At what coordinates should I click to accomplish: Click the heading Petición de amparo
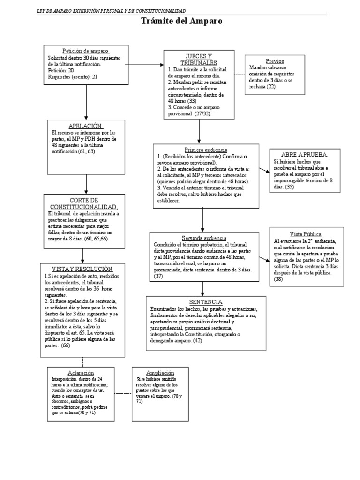point(85,51)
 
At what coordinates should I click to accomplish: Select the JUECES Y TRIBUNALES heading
point(199,60)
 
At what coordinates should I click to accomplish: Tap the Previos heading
point(274,61)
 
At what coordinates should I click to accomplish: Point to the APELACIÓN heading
point(85,126)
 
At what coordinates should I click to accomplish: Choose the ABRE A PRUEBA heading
point(304,155)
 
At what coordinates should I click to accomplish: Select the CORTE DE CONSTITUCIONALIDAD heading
point(83,203)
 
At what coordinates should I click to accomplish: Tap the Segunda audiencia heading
point(204,238)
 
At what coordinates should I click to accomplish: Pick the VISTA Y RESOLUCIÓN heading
point(82,269)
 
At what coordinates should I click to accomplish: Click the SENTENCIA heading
point(206,302)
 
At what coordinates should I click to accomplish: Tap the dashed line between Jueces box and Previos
point(240,74)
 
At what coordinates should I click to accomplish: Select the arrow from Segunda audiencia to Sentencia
point(202,288)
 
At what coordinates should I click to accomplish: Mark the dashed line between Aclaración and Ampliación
point(123,393)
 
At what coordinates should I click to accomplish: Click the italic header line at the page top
point(111,11)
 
